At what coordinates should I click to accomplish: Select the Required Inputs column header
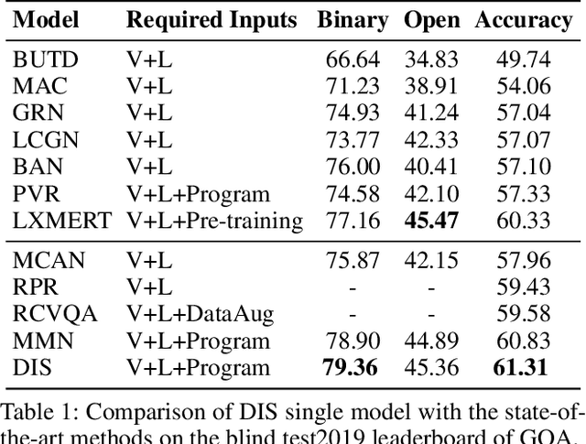[x=212, y=19]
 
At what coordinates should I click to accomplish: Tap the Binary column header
[x=353, y=19]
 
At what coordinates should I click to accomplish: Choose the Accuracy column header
[x=523, y=20]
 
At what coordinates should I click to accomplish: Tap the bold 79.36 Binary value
[x=353, y=368]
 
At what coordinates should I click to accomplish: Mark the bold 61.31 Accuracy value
[x=523, y=368]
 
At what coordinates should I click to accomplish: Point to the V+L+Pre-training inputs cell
[x=214, y=220]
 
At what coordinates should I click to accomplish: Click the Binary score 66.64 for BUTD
[x=353, y=60]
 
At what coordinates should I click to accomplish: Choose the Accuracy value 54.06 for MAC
[x=523, y=87]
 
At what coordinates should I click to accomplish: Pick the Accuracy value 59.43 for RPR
[x=523, y=288]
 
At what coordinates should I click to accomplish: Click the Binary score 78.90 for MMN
[x=353, y=341]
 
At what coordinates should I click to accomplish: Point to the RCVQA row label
[x=52, y=315]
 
